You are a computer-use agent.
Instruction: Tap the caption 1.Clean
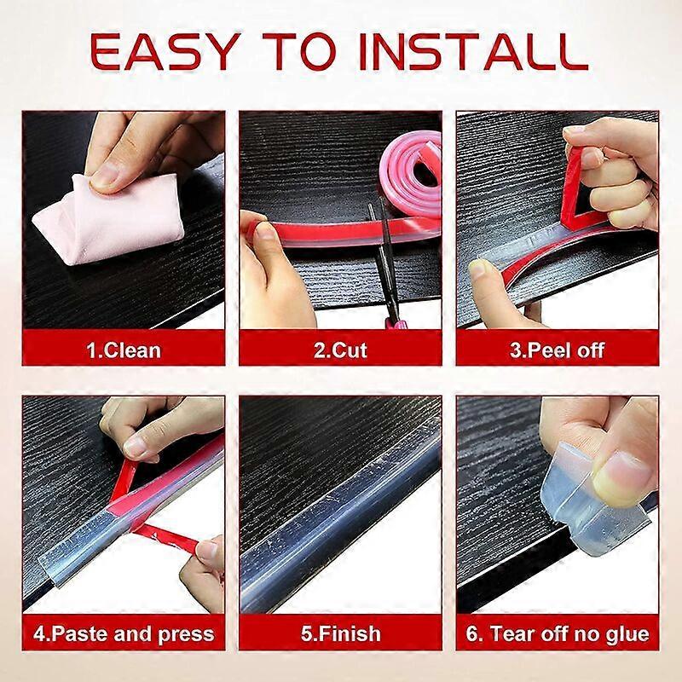(123, 350)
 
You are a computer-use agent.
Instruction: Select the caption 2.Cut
(340, 350)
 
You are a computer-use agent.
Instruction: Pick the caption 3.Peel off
(557, 350)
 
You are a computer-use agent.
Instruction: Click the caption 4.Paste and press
(124, 634)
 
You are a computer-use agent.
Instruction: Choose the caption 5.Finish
(340, 634)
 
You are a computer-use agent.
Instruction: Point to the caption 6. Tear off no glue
(557, 634)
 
